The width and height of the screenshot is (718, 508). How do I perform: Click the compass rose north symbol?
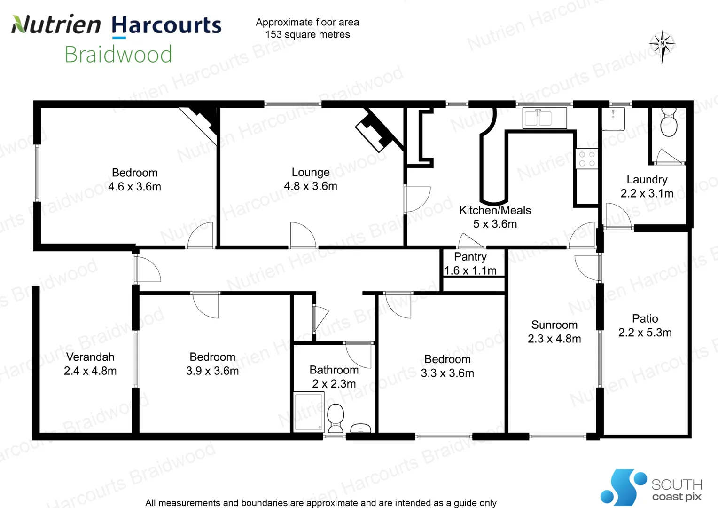662,47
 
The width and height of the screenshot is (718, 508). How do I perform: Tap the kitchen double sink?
545,118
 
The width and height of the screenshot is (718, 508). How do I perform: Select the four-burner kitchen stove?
586,159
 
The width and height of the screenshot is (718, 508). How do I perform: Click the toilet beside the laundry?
669,123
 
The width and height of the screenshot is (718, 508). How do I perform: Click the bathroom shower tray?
309,412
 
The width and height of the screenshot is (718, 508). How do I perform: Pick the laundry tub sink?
613,119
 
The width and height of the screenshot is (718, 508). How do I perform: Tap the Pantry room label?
470,257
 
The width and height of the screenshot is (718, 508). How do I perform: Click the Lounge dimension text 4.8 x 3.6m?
310,186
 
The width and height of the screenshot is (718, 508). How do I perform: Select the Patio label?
645,318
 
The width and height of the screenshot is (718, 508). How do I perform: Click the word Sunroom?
554,325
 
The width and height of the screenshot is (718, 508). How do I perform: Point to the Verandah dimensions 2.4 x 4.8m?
90,371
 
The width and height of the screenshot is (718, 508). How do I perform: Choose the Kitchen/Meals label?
495,211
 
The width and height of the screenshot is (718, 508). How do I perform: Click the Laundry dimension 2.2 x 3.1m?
647,193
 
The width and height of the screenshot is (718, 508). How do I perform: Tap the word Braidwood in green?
118,54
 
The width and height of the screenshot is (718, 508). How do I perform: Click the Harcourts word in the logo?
166,25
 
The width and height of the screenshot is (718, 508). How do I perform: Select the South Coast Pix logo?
651,487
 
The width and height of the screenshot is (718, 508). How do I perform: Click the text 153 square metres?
307,35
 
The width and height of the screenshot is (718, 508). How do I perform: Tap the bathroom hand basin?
360,428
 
